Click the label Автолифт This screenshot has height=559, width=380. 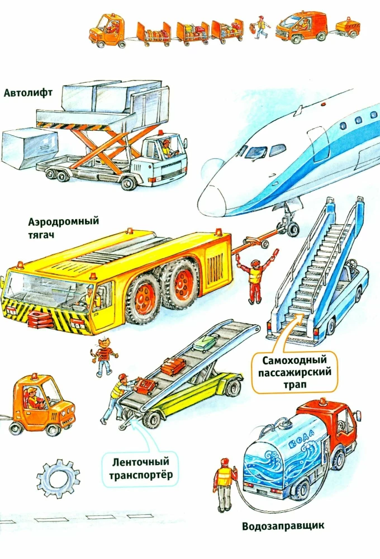(x=28, y=93)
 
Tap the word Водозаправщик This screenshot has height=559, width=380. (x=283, y=526)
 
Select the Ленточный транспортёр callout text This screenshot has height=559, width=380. (x=140, y=468)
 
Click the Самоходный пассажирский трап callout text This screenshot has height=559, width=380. (x=294, y=372)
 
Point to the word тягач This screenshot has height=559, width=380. (x=41, y=235)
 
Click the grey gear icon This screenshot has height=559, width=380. (x=58, y=479)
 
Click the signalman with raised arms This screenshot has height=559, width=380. (x=255, y=276)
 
